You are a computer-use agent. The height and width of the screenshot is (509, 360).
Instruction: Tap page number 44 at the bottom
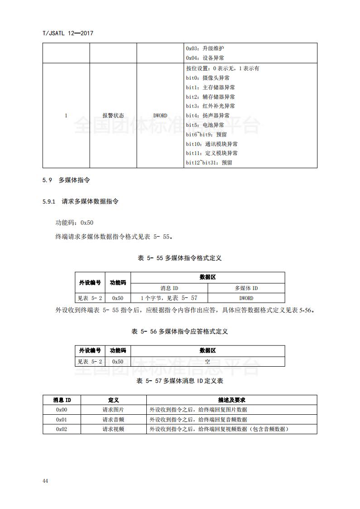[45, 480]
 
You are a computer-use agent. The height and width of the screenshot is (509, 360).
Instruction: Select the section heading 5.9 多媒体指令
[66, 180]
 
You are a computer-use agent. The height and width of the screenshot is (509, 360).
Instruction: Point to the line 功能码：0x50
[74, 223]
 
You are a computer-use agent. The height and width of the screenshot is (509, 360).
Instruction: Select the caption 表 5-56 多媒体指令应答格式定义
[179, 331]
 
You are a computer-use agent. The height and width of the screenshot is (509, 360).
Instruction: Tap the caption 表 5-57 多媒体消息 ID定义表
[179, 381]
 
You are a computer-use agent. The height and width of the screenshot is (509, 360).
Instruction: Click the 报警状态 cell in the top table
[113, 116]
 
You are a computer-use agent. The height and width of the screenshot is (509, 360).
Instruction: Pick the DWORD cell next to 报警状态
[160, 116]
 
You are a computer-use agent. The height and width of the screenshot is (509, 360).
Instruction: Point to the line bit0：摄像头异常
[208, 78]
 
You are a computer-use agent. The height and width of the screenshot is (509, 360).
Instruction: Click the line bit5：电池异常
[205, 125]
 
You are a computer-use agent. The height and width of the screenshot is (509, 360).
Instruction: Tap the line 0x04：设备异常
[205, 58]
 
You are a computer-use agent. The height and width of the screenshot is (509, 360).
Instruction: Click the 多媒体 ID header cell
[246, 288]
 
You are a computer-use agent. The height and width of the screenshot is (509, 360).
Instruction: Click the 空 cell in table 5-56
[207, 362]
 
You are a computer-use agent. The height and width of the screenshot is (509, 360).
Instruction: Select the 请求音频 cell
[113, 420]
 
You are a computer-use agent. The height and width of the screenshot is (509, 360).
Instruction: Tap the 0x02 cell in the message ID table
[62, 429]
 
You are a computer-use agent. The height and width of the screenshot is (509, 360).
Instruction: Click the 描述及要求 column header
[231, 400]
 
